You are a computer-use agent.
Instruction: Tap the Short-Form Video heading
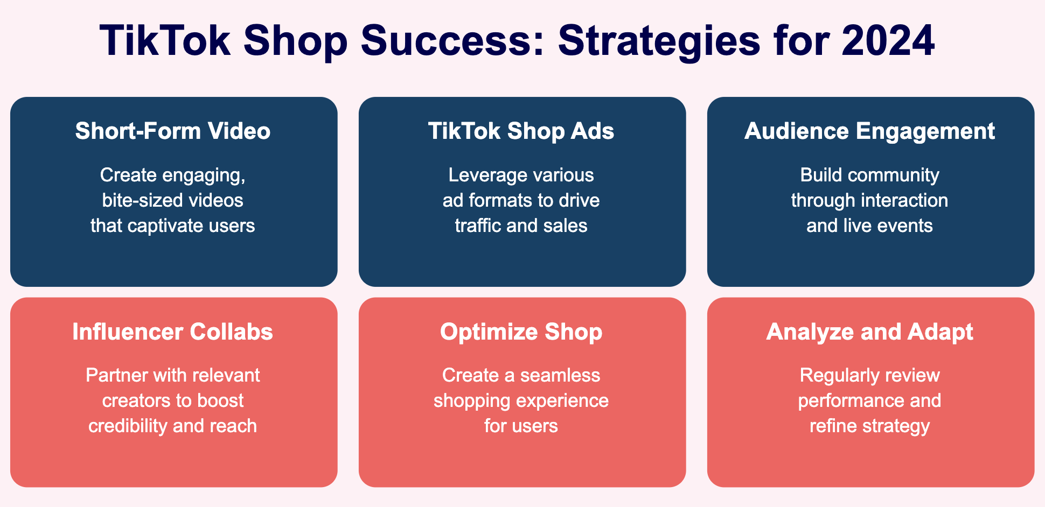tap(173, 131)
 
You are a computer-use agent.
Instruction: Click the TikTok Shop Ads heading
tap(521, 131)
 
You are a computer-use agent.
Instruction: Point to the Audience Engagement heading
tap(869, 131)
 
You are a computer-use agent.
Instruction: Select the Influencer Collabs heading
tap(173, 332)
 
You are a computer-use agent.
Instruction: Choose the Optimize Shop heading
tap(521, 332)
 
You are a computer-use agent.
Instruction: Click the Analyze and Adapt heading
tap(869, 332)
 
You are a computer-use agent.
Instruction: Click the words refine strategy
tap(869, 426)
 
